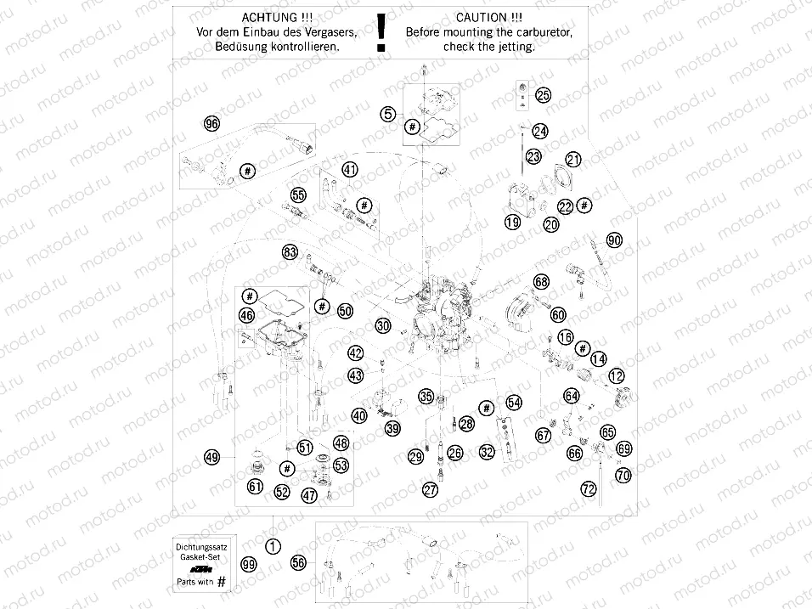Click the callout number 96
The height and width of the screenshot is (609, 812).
(x=212, y=124)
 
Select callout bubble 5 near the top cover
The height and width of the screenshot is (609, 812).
(x=387, y=112)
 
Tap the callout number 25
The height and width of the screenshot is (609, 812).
(x=543, y=96)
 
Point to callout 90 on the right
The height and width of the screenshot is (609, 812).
(x=614, y=240)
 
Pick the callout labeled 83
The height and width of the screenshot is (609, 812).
(x=290, y=251)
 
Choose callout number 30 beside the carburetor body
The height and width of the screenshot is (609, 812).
(x=383, y=326)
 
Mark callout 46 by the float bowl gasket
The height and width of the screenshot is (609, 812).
(x=246, y=316)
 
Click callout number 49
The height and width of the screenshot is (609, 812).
(x=212, y=457)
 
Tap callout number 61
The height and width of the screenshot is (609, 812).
(x=255, y=487)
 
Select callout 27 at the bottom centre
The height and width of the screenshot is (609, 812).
(x=431, y=489)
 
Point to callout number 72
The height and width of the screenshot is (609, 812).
(x=588, y=489)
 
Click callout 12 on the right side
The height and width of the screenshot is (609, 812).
(x=616, y=375)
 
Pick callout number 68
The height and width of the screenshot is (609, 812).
(x=541, y=281)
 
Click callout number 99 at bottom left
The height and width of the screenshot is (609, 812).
(x=248, y=564)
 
